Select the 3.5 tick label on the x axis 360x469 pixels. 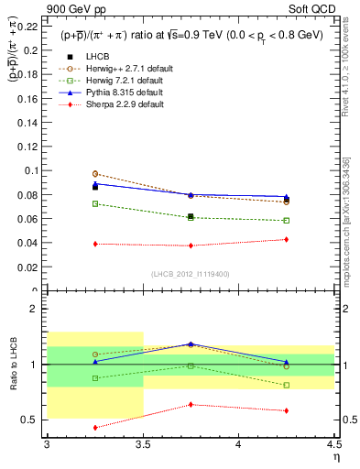pyautogui.click(x=143, y=444)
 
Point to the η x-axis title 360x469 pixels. pyautogui.click(x=335, y=457)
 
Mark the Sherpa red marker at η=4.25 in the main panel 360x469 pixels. pyautogui.click(x=286, y=239)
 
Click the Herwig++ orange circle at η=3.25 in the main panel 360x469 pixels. pyautogui.click(x=95, y=173)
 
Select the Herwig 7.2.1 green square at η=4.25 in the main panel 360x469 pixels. pyautogui.click(x=286, y=221)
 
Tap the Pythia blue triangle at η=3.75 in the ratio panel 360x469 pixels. pyautogui.click(x=191, y=344)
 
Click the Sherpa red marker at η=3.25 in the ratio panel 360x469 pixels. pyautogui.click(x=95, y=428)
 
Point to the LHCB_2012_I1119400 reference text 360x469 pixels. pyautogui.click(x=191, y=274)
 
